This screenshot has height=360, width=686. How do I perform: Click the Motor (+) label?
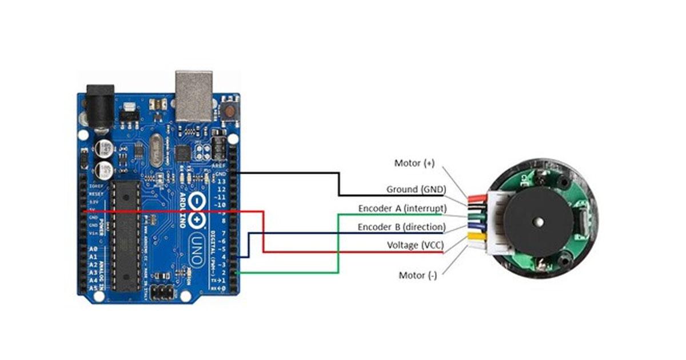click(414, 163)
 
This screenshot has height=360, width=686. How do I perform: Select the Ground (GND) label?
click(416, 189)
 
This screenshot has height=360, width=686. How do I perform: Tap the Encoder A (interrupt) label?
click(402, 208)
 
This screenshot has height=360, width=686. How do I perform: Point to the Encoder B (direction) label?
click(401, 227)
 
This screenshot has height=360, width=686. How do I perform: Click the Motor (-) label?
click(417, 275)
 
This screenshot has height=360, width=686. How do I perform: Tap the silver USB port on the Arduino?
click(193, 95)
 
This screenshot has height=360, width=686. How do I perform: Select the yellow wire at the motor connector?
click(476, 234)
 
